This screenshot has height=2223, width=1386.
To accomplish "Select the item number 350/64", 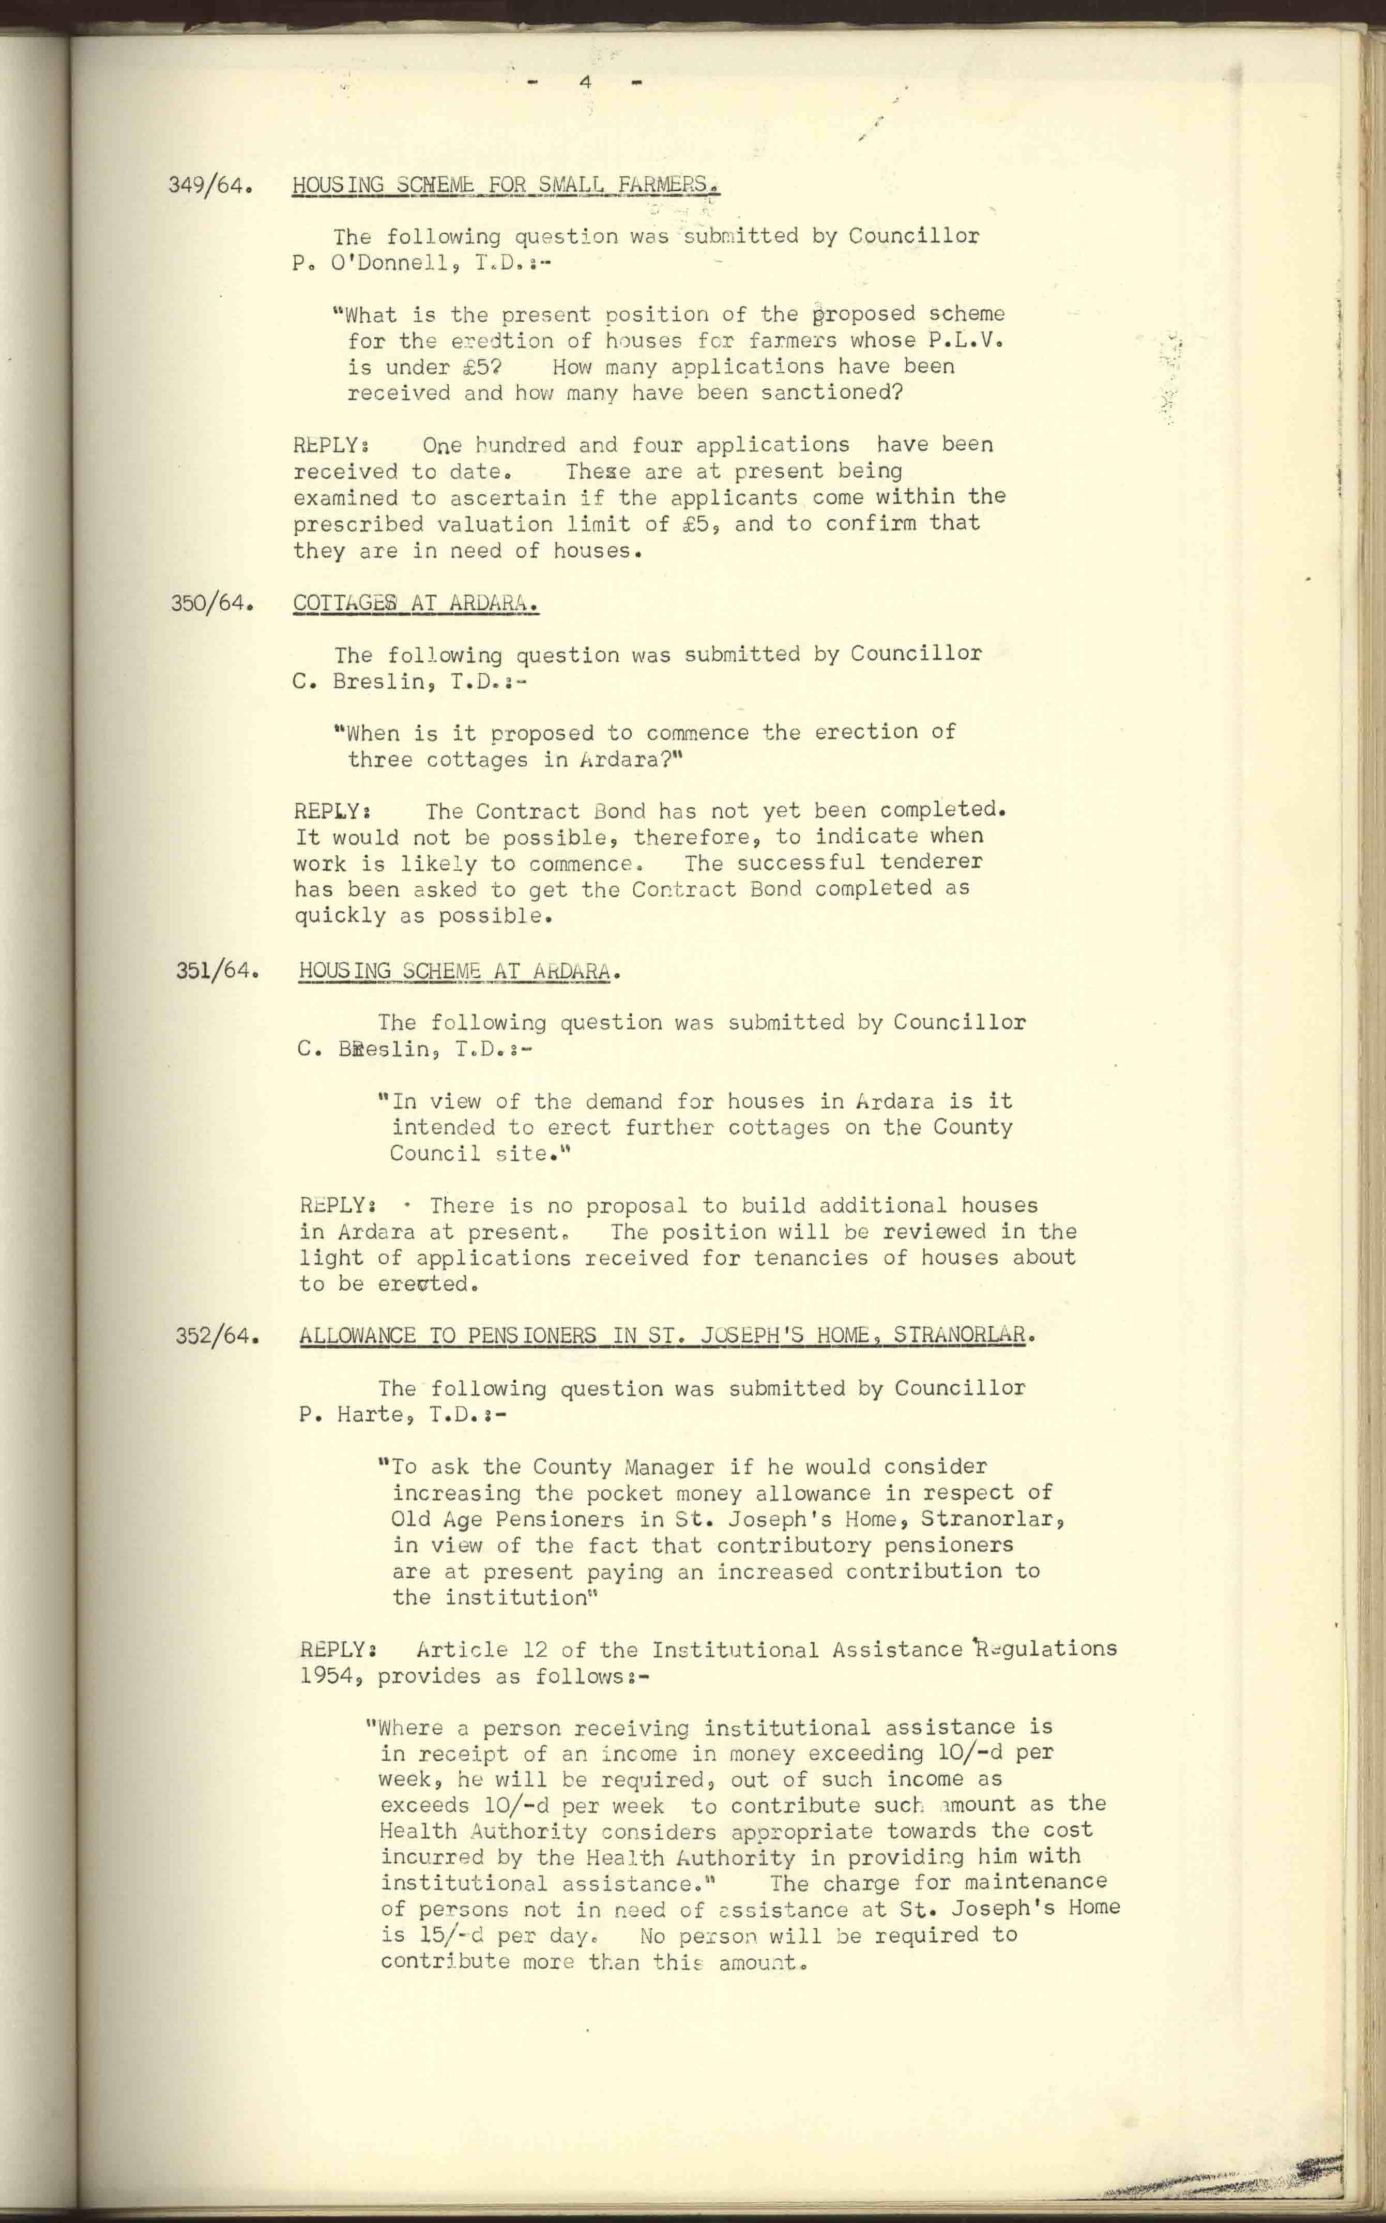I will coord(211,604).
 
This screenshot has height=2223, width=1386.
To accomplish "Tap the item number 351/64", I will coord(216,971).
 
